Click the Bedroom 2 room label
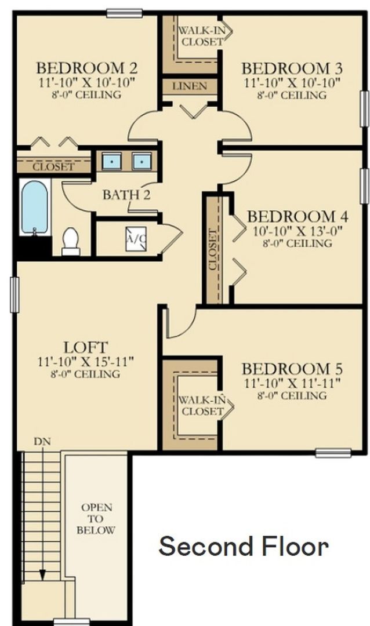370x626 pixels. [86, 68]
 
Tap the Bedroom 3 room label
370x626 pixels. [292, 68]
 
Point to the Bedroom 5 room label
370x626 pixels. [292, 369]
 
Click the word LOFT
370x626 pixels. [85, 348]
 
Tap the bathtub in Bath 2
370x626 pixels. [35, 207]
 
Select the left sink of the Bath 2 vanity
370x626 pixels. [112, 161]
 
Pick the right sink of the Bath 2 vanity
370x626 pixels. [141, 161]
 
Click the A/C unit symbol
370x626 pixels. [136, 238]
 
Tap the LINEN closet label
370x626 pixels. [189, 86]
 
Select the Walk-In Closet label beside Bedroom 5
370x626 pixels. [201, 405]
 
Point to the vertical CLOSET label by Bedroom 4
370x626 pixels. [213, 249]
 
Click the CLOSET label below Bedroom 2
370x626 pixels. [53, 167]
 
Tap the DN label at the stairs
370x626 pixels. [42, 441]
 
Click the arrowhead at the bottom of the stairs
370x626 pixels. [42, 574]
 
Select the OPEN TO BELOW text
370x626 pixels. [96, 519]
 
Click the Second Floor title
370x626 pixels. [244, 546]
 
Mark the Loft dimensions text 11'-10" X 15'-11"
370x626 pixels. [85, 362]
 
